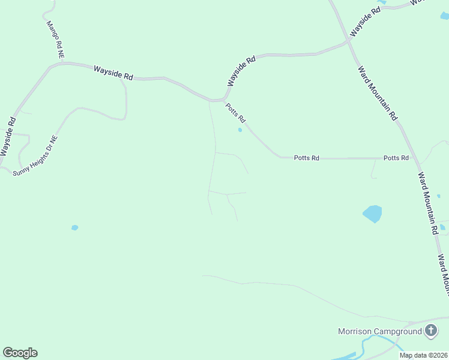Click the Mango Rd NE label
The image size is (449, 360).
pos(55,40)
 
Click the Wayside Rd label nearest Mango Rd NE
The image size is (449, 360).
pos(113,73)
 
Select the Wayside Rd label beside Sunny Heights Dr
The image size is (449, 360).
pos(8,137)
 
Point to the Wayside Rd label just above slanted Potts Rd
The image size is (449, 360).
pos(241,71)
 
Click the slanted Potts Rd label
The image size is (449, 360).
pos(236,112)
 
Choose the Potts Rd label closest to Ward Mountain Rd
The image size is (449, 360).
pos(396,158)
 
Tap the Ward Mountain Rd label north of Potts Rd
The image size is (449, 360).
pos(378,93)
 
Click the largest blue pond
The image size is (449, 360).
pos(372,214)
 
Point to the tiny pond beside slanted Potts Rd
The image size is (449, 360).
pos(240,130)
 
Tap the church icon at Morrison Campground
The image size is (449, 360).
pos(431,331)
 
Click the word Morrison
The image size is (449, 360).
pos(355,331)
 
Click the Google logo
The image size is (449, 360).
pos(20,353)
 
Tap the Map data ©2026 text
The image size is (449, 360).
pos(423,355)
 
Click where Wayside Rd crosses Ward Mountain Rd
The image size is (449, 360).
pos(348,42)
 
